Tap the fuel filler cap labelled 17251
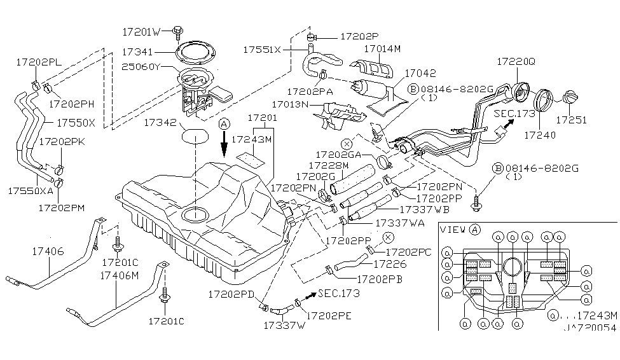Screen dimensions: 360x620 [x=570, y=99]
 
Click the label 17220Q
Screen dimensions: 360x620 [x=516, y=62]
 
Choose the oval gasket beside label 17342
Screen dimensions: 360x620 [x=195, y=135]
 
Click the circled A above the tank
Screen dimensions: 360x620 [x=223, y=125]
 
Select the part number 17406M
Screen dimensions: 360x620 [x=119, y=275]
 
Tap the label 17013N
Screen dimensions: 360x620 [x=291, y=103]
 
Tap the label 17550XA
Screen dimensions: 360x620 [x=30, y=190]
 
